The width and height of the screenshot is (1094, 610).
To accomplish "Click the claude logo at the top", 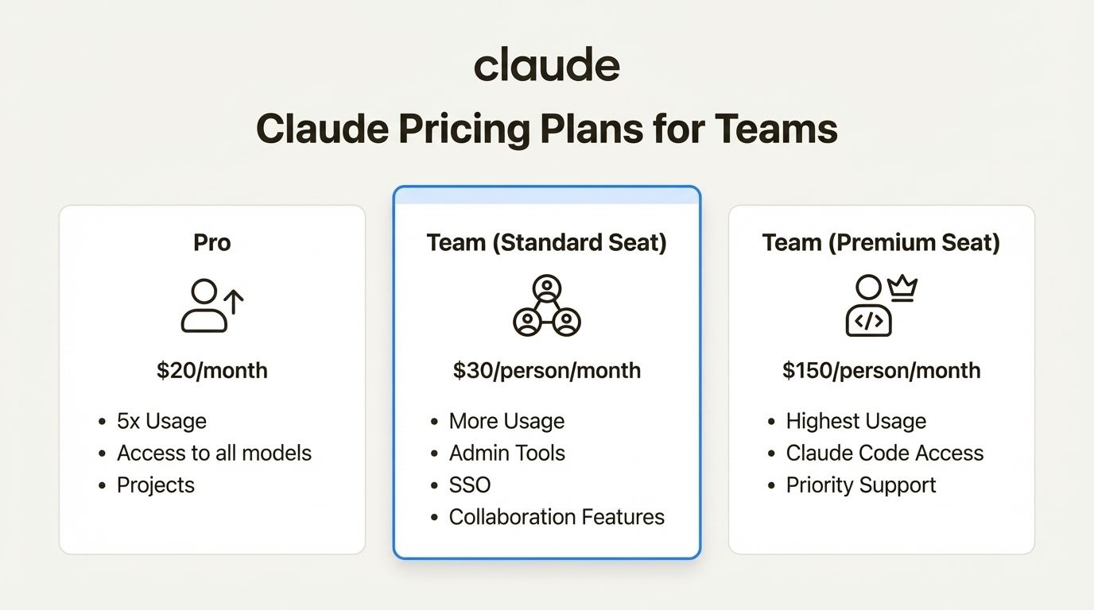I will [x=546, y=66].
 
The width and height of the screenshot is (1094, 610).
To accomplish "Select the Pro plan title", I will [x=212, y=242].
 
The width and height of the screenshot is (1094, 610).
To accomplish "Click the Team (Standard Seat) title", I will [x=546, y=242].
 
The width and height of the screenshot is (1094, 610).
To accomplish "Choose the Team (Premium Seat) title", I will [x=881, y=242].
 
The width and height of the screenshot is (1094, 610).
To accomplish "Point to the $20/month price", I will [x=212, y=370].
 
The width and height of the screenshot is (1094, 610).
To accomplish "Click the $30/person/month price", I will [x=546, y=370].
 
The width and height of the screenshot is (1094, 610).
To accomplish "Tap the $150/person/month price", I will [x=881, y=370].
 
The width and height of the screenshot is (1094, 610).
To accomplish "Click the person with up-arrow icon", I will [x=211, y=306].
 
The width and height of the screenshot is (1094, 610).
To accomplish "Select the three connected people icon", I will [x=546, y=306].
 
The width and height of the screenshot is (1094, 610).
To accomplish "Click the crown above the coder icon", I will [x=902, y=288].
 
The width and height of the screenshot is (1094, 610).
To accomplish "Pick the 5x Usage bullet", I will [x=161, y=421].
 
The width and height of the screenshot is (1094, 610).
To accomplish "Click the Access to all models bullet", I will [x=214, y=453].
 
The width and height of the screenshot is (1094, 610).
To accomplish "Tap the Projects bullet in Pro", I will [x=156, y=485].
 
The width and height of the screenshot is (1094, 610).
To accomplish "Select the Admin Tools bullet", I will [x=506, y=453].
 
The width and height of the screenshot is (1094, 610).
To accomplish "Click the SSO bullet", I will [x=470, y=485].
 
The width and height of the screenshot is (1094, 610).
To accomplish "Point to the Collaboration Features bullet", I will [x=557, y=516].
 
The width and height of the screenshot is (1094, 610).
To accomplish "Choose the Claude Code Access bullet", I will [x=884, y=453].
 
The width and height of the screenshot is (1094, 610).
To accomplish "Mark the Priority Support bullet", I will [x=861, y=485].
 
